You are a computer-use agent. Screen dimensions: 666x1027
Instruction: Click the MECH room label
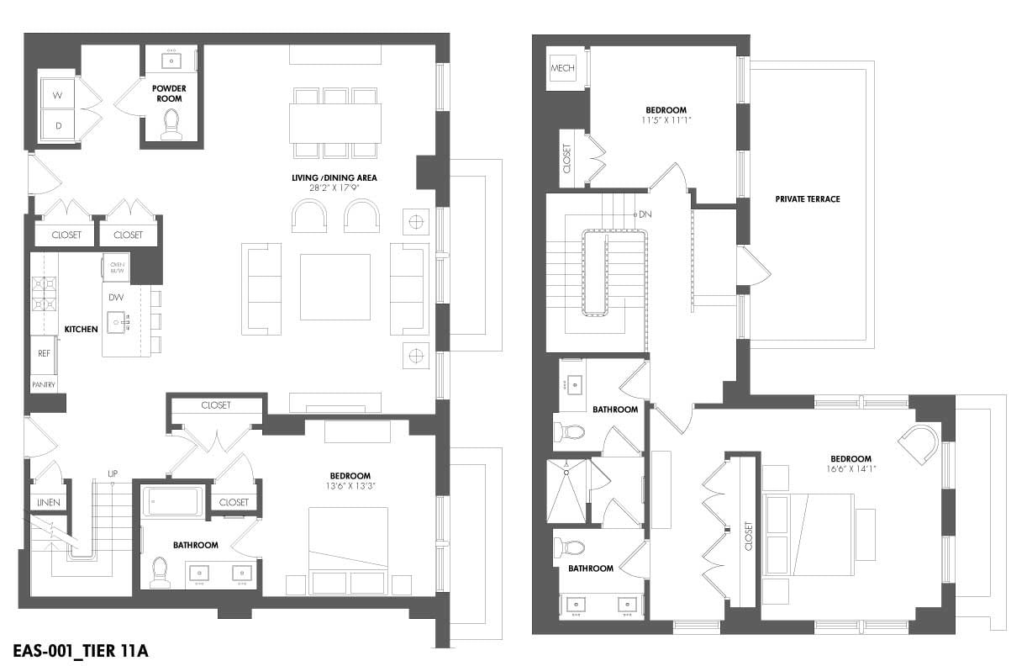(561, 67)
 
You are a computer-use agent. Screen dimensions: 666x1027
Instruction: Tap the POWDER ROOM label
(169, 93)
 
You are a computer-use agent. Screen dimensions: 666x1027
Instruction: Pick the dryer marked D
(58, 125)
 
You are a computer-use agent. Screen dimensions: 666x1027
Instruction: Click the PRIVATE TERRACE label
(808, 199)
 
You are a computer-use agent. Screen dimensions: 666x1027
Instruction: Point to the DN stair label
(645, 214)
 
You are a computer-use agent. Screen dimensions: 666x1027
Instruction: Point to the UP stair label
(112, 473)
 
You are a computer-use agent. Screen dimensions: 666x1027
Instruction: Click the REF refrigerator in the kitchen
(44, 354)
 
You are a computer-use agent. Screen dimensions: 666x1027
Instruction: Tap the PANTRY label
(44, 385)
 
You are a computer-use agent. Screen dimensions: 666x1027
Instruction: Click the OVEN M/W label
(117, 267)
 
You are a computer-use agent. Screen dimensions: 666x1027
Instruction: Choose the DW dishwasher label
(116, 297)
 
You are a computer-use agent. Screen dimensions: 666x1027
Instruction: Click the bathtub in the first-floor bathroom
(173, 502)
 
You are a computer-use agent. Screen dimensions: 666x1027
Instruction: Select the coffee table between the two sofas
(334, 287)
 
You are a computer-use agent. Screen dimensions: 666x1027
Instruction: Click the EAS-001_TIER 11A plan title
(82, 650)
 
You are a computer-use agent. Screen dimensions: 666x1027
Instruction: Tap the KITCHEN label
(82, 329)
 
